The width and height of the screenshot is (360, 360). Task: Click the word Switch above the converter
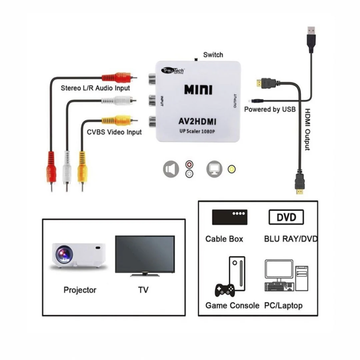coord(213,55)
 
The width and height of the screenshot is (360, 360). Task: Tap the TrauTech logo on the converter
coord(173,70)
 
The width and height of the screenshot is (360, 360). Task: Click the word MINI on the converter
coord(198,89)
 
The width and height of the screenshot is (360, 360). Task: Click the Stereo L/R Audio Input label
coord(95,88)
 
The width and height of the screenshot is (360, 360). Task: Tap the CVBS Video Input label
coord(114,132)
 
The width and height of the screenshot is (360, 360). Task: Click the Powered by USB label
coord(270,109)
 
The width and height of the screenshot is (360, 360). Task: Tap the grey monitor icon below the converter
coord(214,169)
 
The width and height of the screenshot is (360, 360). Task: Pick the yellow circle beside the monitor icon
coord(231,169)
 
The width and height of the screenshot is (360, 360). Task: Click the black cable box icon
coord(230,217)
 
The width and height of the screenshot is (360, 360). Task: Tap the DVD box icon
coord(286,217)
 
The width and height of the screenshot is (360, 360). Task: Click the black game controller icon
coord(224,290)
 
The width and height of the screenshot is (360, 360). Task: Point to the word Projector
coord(80,290)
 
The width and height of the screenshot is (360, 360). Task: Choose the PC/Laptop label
coord(283,305)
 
